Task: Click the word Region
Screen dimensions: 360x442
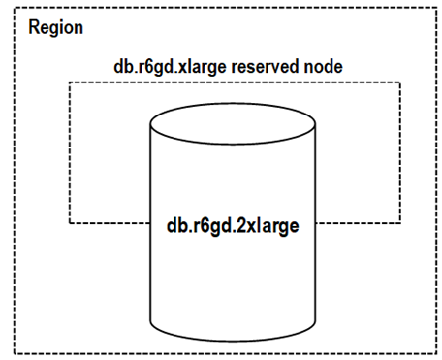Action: point(55,26)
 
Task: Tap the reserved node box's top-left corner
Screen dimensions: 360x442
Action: point(69,82)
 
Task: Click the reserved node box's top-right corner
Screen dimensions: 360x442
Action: point(400,82)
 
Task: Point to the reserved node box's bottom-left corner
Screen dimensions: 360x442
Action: point(69,222)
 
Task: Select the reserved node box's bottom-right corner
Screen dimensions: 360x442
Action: point(400,222)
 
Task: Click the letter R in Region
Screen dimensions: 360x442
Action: point(35,26)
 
